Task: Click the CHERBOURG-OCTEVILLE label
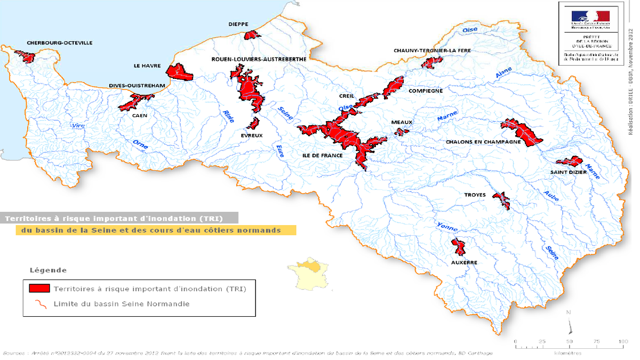point(60,43)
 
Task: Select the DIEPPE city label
point(238,24)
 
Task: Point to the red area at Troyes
point(501,200)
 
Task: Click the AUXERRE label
point(463,262)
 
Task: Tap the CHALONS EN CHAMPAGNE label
point(483,142)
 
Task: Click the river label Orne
point(140,145)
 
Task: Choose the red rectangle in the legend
point(39,289)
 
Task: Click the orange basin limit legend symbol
point(39,304)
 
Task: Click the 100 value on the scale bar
point(622,341)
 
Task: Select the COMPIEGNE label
point(426,91)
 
